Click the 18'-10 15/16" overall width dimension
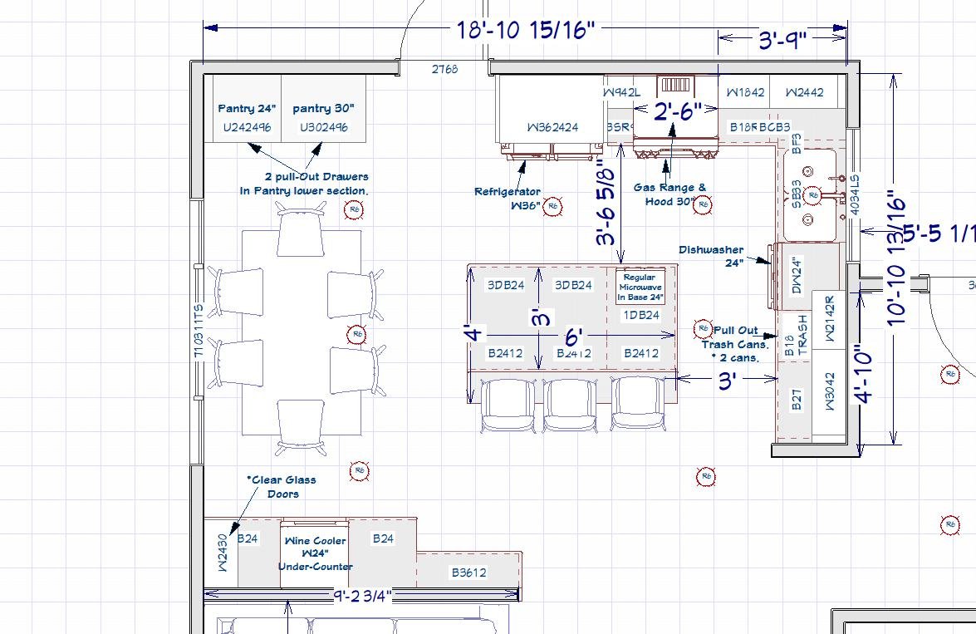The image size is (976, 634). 526,30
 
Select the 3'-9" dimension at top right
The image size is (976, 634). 782,39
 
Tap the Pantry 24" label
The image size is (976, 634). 248,108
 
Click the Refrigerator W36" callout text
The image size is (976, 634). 508,198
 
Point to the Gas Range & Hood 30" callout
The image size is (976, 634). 669,194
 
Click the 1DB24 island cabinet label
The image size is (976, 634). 641,315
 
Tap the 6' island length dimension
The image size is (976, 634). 573,337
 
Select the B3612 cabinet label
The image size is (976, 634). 468,573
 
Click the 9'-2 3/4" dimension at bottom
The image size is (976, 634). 362,595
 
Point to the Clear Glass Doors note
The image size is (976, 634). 282,486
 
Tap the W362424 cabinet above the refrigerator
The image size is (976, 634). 552,127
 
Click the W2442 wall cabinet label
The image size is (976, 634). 804,92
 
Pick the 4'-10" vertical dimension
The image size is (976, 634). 865,379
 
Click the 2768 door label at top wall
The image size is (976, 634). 444,69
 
